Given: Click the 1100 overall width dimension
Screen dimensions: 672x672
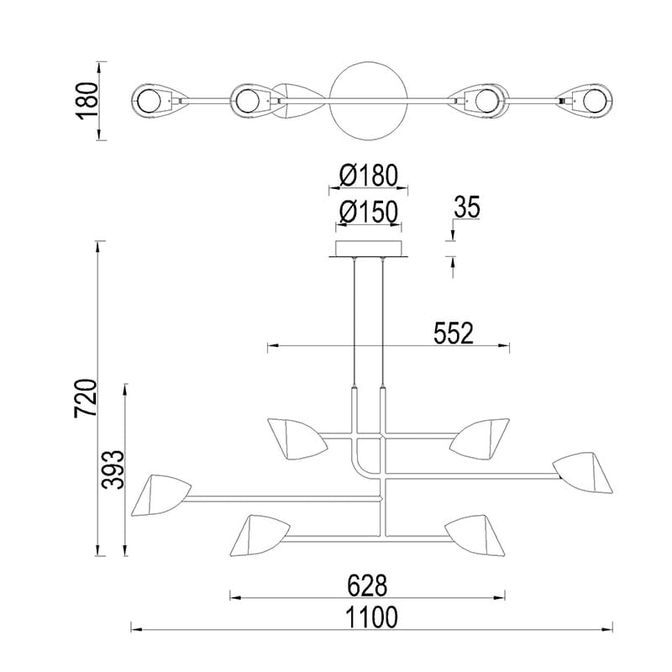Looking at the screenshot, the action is (371, 617).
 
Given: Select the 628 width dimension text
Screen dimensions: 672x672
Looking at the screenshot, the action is (367, 585).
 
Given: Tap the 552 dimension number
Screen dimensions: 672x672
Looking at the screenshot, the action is (454, 333).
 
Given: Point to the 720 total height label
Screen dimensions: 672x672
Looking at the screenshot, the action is (86, 398).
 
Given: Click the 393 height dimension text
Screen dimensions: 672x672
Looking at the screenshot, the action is (113, 470).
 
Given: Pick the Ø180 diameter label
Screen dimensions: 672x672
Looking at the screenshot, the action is (369, 176).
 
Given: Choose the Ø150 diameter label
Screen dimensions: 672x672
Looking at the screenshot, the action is (369, 213).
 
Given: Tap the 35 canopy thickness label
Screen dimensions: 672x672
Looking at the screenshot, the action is (467, 207).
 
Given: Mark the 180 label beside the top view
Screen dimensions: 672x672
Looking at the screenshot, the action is (87, 101).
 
